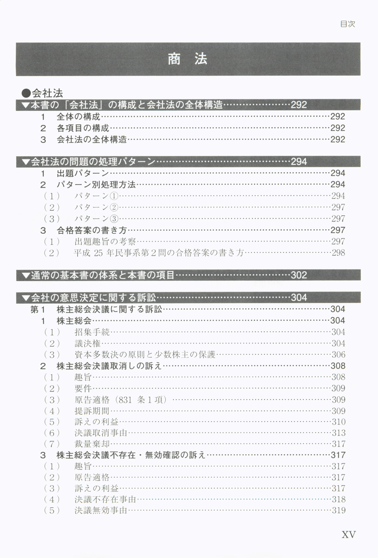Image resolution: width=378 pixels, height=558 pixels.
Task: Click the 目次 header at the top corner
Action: (x=347, y=24)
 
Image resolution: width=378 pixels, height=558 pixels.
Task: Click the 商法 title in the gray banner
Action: (x=188, y=59)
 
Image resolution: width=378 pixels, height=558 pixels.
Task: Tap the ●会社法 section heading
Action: (x=42, y=93)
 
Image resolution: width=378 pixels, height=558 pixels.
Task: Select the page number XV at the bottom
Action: (x=348, y=535)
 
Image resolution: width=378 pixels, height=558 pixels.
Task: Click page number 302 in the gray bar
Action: (x=299, y=275)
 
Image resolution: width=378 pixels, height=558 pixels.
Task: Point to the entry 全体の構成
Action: (x=78, y=117)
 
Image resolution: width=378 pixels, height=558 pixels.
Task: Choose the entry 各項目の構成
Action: (x=83, y=128)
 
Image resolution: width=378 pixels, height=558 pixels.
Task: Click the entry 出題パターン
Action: (x=83, y=174)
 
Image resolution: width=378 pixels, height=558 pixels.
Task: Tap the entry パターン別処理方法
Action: (x=96, y=185)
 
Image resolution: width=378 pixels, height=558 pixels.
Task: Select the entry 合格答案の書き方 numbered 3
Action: (x=92, y=230)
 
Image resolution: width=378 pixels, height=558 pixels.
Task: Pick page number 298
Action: (x=338, y=253)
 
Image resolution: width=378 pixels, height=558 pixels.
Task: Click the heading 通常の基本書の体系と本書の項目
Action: (x=102, y=275)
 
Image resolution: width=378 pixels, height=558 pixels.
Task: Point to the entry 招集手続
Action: (x=92, y=332)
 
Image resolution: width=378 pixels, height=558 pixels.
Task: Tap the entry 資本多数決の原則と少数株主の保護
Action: (x=145, y=355)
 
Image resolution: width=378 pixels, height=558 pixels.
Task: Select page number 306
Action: (x=338, y=355)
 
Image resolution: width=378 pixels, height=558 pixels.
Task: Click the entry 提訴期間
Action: (x=92, y=411)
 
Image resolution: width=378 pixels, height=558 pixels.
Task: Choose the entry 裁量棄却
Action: (x=92, y=444)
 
